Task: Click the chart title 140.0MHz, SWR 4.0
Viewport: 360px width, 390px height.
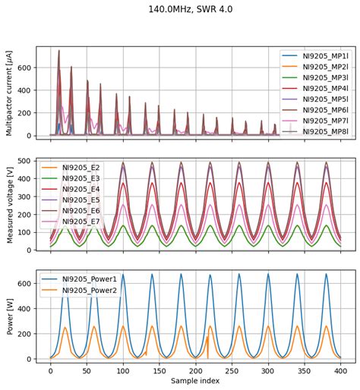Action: tap(180, 9)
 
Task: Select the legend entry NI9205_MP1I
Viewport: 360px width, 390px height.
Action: tap(311, 56)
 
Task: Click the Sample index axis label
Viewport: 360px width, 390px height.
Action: tap(194, 380)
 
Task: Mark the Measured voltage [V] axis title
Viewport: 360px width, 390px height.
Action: tap(10, 205)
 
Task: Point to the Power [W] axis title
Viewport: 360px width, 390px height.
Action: tap(10, 316)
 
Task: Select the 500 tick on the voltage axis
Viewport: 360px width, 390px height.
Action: tap(24, 162)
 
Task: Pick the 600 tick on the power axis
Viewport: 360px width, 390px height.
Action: tap(24, 284)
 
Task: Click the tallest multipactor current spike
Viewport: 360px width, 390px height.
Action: tap(58, 51)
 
